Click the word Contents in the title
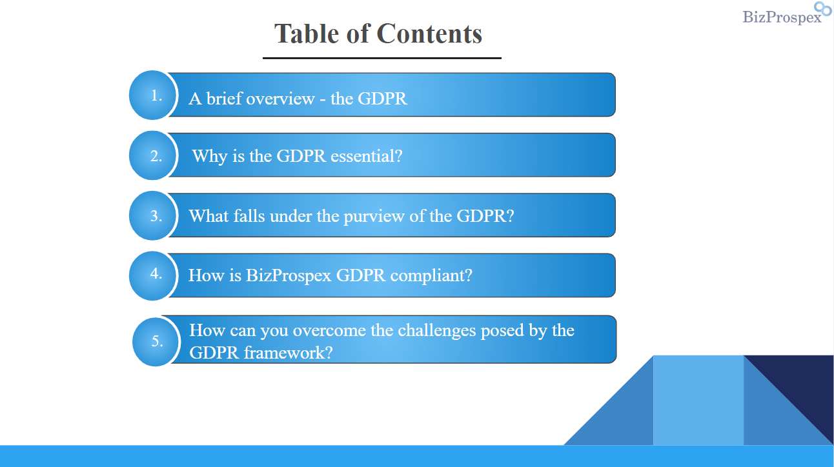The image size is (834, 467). (x=429, y=34)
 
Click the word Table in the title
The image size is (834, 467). (x=307, y=34)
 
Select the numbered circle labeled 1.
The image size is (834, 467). (x=152, y=95)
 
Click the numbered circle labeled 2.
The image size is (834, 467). (x=152, y=155)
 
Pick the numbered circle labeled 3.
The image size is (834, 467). (x=152, y=216)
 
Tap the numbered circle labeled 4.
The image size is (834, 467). (x=152, y=275)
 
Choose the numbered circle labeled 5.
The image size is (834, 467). (x=156, y=342)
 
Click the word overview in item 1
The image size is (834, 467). (x=280, y=99)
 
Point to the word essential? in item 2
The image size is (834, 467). (x=367, y=156)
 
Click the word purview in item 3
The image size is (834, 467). (x=374, y=217)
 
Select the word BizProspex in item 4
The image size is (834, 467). (x=289, y=276)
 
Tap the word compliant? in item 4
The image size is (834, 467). (x=431, y=276)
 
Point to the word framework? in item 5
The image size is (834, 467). (x=288, y=353)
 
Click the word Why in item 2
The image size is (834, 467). (x=210, y=156)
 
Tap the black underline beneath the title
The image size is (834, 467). (x=382, y=58)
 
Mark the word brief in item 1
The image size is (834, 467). (x=223, y=99)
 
